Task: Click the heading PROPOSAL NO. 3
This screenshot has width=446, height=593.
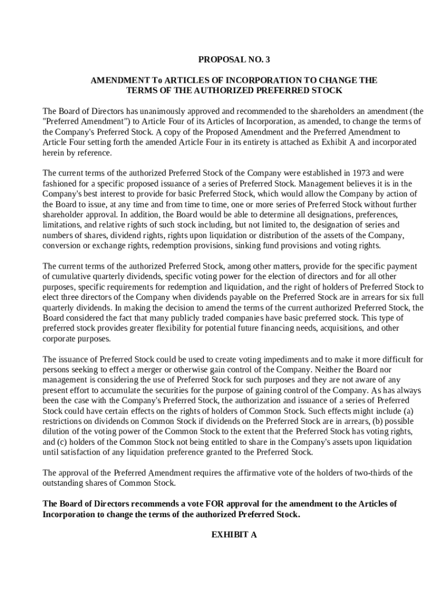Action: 234,59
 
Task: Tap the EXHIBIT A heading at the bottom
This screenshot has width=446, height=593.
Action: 234,535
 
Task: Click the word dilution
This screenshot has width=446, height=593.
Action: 58,432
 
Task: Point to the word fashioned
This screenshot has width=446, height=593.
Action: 61,183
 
